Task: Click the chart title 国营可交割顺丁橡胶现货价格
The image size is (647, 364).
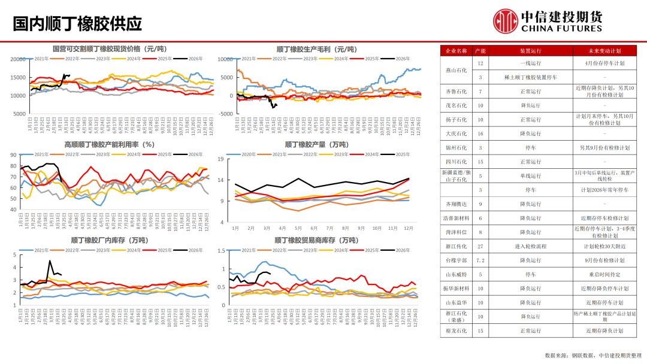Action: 108,48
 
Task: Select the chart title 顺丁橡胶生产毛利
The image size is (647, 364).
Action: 316,48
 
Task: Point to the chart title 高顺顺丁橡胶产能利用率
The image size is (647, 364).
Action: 109,144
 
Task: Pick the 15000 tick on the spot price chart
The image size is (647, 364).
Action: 19,77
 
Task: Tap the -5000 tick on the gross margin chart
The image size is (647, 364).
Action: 226,114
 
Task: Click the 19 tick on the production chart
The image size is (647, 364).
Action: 220,159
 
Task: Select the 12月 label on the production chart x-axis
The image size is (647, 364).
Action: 408,228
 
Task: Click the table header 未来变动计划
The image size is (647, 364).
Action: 604,51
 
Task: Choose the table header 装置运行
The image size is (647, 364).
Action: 530,51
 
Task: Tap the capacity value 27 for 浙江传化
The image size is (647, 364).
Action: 480,246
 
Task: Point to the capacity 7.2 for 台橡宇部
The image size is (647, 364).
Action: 480,260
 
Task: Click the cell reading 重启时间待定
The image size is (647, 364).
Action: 604,274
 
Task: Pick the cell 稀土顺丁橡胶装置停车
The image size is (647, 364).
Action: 530,77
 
